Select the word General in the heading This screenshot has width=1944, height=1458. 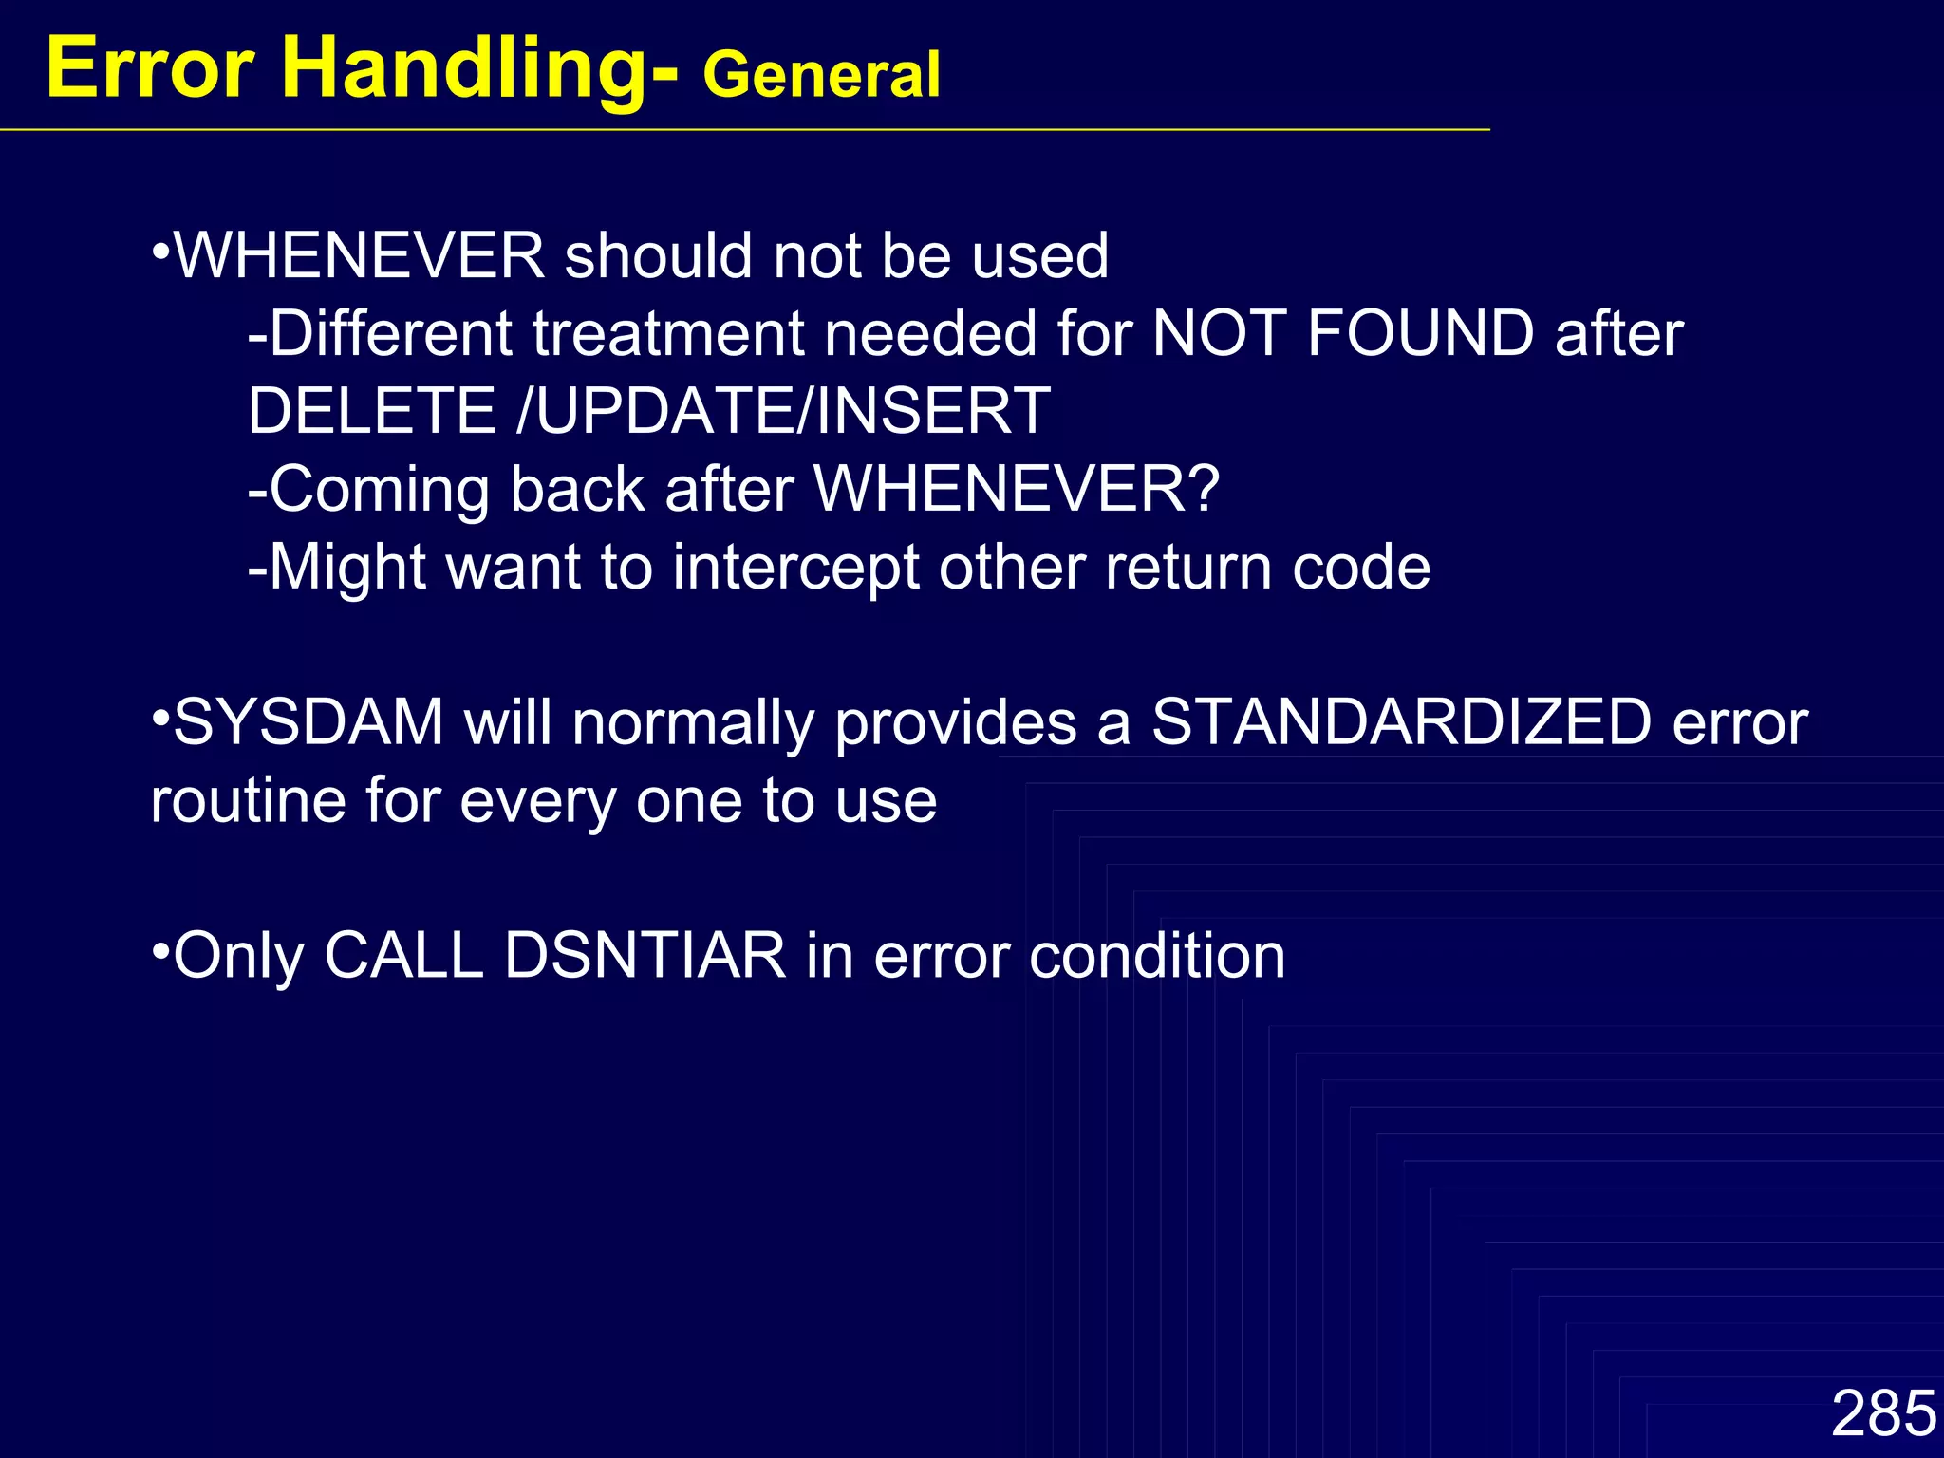[x=821, y=76]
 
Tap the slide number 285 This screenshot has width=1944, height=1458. [x=1882, y=1413]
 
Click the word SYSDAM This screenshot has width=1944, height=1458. [x=308, y=722]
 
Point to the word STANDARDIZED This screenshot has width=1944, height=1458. [x=1401, y=722]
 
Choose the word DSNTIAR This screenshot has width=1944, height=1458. [x=645, y=955]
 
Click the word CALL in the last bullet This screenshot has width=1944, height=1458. [x=404, y=955]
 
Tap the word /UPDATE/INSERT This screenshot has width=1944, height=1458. [x=783, y=411]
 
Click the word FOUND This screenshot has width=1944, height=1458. [x=1420, y=334]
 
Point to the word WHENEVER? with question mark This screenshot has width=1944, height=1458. [x=1017, y=490]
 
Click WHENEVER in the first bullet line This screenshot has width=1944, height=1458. [x=360, y=256]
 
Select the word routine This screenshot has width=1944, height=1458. [x=248, y=800]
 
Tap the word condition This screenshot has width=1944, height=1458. [x=1157, y=955]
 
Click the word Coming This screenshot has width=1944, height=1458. [x=380, y=490]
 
